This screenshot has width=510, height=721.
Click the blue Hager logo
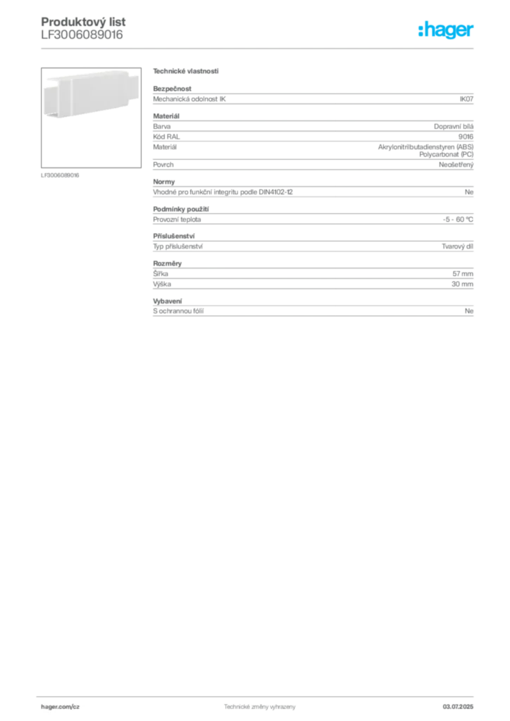(x=447, y=31)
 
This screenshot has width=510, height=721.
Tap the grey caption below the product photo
(x=62, y=175)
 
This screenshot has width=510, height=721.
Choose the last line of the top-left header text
(x=81, y=41)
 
